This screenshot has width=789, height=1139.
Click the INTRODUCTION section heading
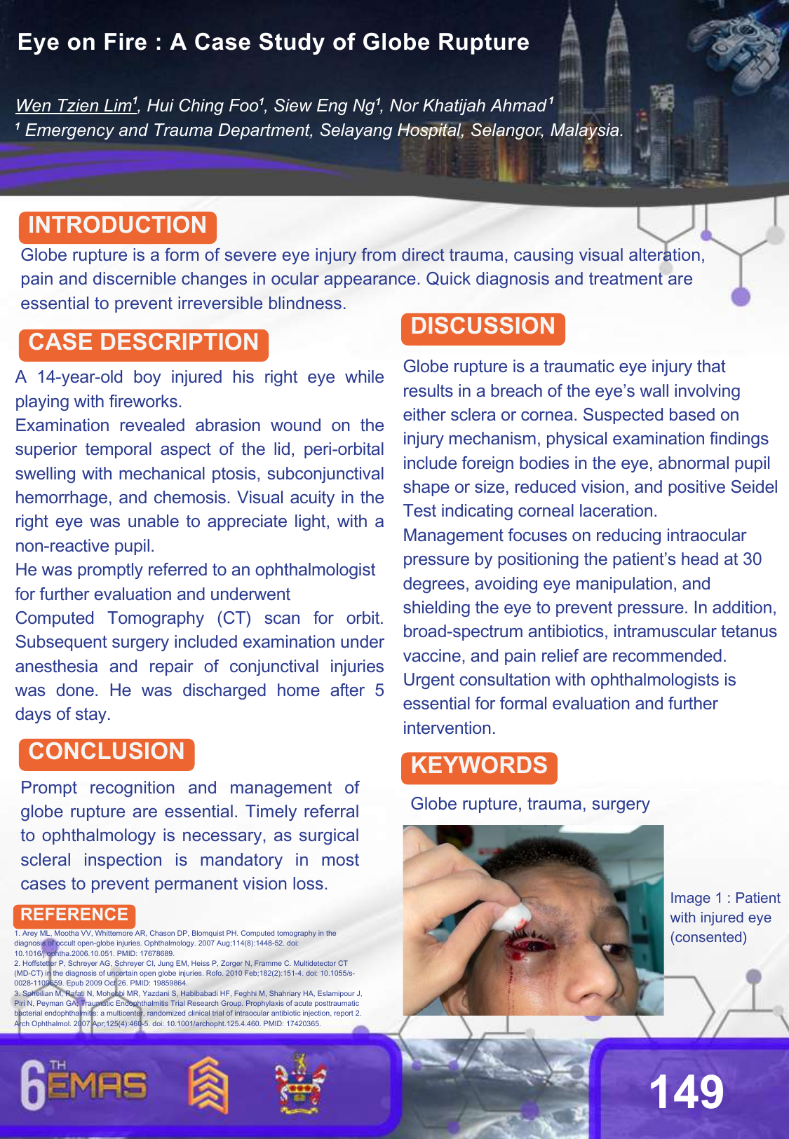click(117, 226)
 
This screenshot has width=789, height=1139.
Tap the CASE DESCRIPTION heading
click(143, 343)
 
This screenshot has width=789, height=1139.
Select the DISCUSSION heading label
click(483, 327)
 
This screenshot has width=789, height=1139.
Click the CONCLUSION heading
click(106, 752)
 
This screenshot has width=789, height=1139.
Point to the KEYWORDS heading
click(478, 766)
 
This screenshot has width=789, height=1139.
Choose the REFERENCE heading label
click(74, 915)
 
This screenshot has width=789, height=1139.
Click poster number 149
click(686, 1093)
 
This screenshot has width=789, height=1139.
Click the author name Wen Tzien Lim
click(74, 106)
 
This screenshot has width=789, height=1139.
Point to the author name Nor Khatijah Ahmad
click(468, 106)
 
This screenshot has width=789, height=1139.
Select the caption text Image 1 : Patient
click(724, 899)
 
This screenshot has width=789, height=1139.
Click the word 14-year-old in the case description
click(80, 377)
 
